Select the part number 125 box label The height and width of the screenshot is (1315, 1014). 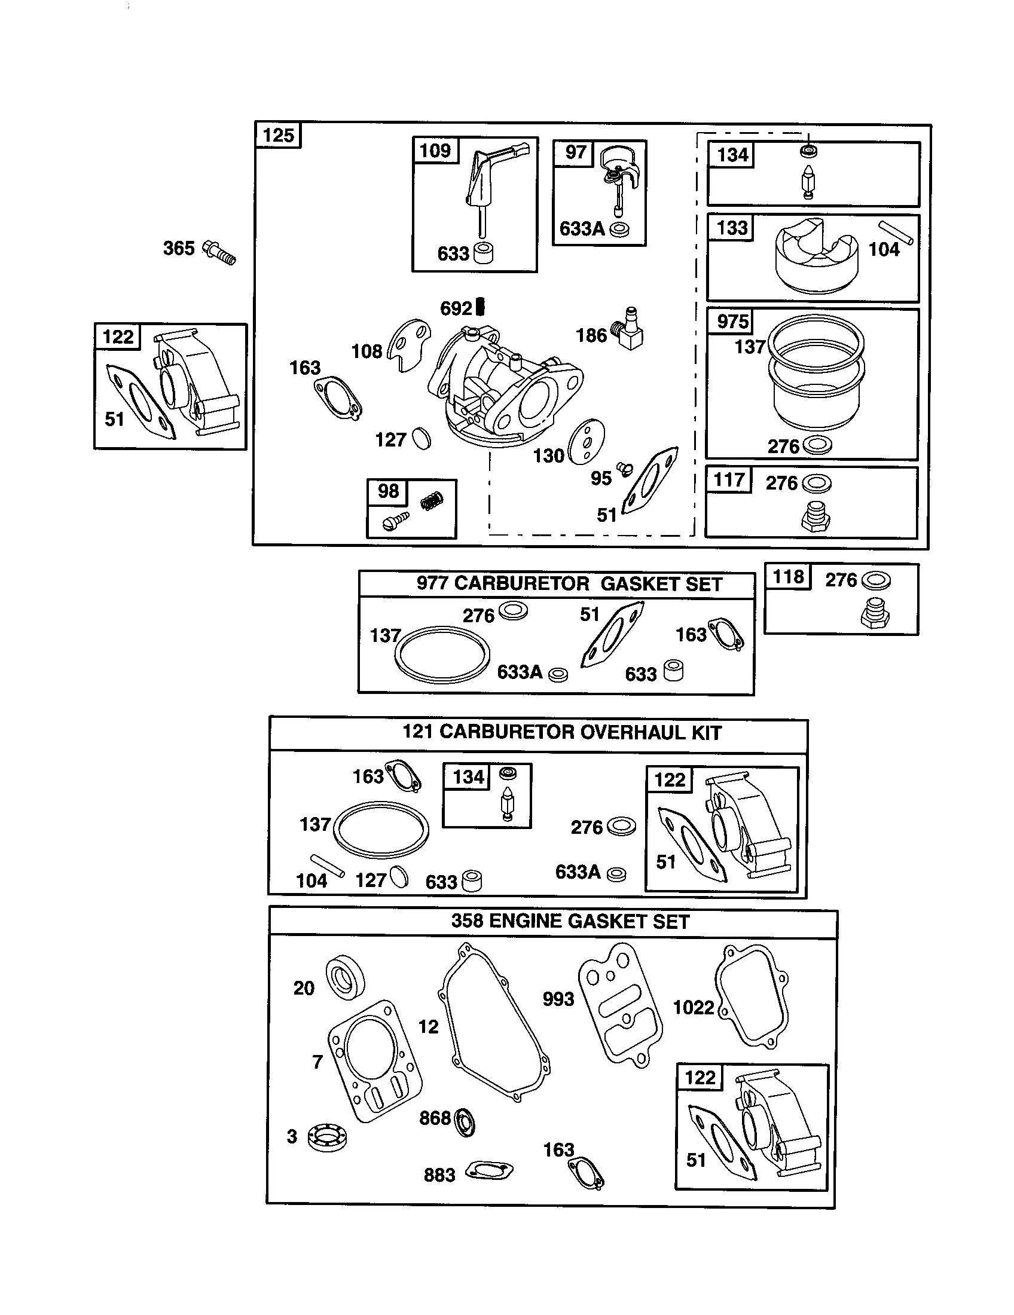(278, 135)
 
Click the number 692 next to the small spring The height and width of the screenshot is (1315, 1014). (456, 309)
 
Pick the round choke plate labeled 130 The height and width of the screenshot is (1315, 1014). (586, 441)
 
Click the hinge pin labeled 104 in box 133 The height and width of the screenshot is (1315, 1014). (896, 233)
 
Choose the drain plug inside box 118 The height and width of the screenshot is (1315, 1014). (874, 616)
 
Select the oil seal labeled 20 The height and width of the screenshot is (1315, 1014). (346, 977)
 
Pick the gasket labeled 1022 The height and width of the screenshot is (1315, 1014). (752, 996)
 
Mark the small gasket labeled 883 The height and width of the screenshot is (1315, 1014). (490, 1170)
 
